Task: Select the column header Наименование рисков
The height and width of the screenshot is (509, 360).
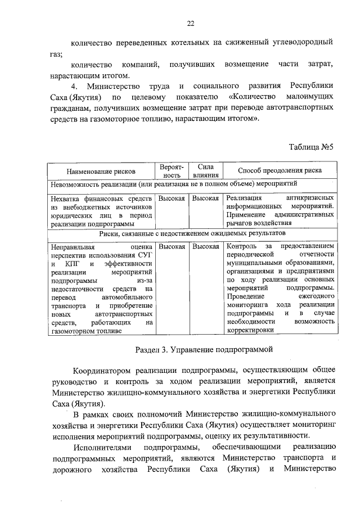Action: pyautogui.click(x=100, y=170)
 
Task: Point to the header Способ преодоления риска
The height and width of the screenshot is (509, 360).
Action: pyautogui.click(x=280, y=170)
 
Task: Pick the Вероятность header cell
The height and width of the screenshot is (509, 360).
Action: pyautogui.click(x=172, y=170)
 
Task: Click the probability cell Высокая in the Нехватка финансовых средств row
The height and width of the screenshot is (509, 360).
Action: pyautogui.click(x=172, y=198)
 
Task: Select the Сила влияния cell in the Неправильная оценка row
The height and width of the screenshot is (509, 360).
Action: pyautogui.click(x=205, y=246)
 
